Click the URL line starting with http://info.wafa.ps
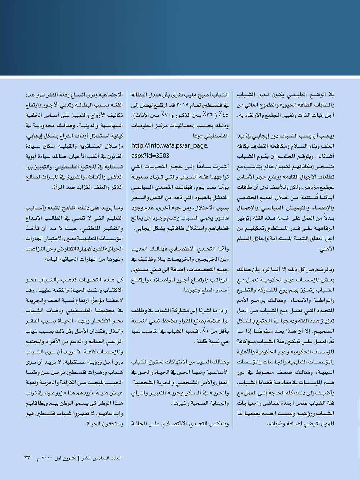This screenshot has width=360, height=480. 170,146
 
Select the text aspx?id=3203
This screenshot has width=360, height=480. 150,156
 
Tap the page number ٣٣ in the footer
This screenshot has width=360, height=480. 27,458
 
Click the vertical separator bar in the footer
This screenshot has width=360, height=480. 79,458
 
